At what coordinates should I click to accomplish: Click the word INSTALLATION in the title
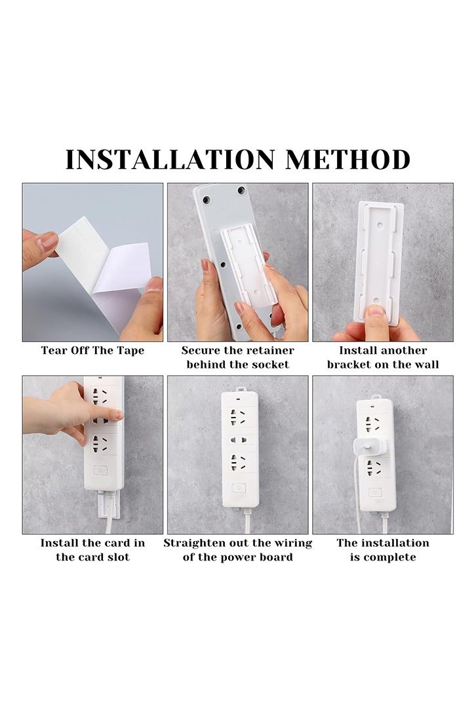(169, 160)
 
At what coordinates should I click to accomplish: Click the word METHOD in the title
(347, 160)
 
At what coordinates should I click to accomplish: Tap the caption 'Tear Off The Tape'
(92, 350)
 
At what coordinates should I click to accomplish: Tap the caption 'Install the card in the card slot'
(92, 550)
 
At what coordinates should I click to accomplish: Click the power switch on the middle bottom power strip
(239, 488)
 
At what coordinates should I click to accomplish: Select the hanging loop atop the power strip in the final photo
(376, 396)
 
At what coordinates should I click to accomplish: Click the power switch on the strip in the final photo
(375, 492)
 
